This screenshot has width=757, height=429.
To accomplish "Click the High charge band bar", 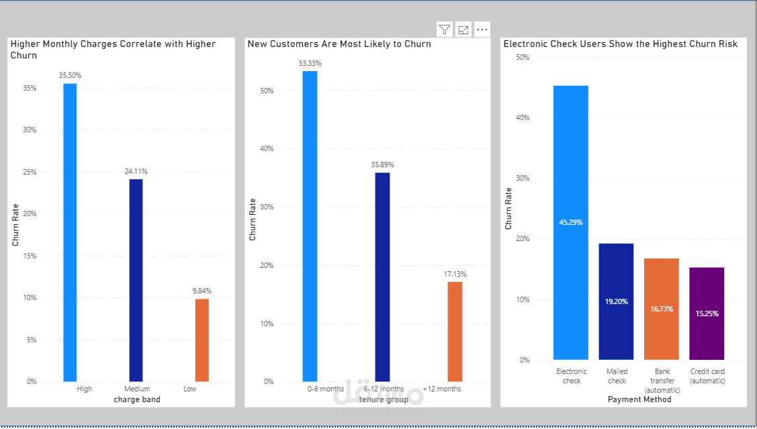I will coord(70,232).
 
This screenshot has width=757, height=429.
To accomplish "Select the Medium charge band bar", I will coord(136,280).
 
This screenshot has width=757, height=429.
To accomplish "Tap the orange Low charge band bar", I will coord(202,340).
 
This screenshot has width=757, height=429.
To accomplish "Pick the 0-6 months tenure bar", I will coord(310,226).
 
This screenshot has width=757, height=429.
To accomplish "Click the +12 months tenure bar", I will coord(455,332).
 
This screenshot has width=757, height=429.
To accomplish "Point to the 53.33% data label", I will coord(310,63).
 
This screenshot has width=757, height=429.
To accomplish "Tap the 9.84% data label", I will coord(202,291).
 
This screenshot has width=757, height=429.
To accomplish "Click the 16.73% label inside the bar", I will coord(662,309).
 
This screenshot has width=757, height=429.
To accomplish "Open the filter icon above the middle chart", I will coord(445,30).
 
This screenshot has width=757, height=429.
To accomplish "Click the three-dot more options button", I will coord(482,30).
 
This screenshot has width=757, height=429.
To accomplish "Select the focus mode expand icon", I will coord(463,30).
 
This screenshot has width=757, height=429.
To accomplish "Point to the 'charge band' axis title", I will coord(137,399).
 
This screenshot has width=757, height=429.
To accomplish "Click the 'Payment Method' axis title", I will coord(639,399).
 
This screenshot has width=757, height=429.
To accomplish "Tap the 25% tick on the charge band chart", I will coord(30,172).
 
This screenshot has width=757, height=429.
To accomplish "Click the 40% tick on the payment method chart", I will coord(521,117).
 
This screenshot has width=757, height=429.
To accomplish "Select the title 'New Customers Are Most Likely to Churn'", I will coord(339,44).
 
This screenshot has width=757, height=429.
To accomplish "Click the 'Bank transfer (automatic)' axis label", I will coord(662,381).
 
